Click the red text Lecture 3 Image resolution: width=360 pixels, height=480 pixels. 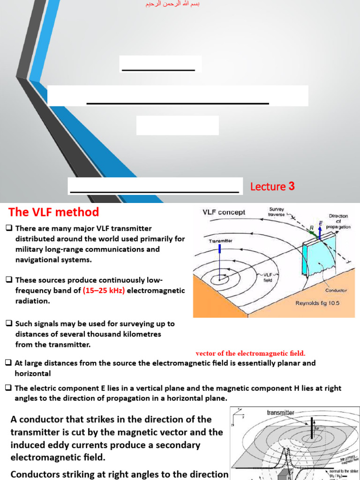tap(272, 187)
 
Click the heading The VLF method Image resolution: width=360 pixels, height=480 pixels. tap(53, 212)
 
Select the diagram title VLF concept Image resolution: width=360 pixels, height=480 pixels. tap(224, 212)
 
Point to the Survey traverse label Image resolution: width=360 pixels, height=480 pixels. tap(277, 212)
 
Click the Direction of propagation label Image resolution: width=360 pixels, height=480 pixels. tap(338, 221)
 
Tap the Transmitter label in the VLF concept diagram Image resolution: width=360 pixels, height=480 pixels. tap(220, 241)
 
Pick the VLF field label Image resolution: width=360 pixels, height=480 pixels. tap(268, 277)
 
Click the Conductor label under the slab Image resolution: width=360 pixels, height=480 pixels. tap(336, 290)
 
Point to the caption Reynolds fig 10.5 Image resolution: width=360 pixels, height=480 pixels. tap(317, 303)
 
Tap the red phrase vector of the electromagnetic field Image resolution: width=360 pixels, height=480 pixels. tap(250, 353)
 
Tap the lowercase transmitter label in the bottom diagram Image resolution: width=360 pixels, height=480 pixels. tap(280, 412)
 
